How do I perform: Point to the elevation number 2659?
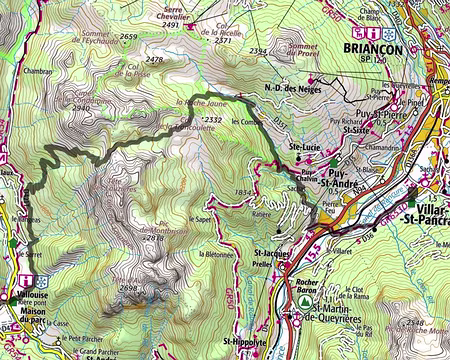click(127, 36)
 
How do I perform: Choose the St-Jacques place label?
click(273, 254)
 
